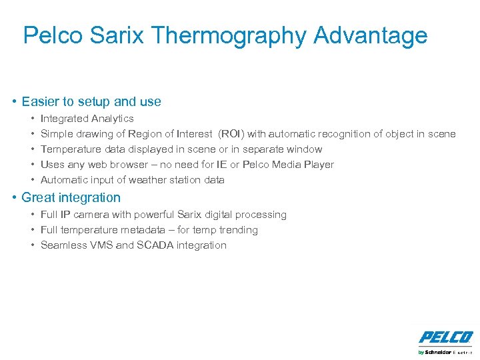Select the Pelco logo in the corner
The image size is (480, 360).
445,337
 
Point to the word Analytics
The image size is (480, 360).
112,119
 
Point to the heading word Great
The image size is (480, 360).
37,197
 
